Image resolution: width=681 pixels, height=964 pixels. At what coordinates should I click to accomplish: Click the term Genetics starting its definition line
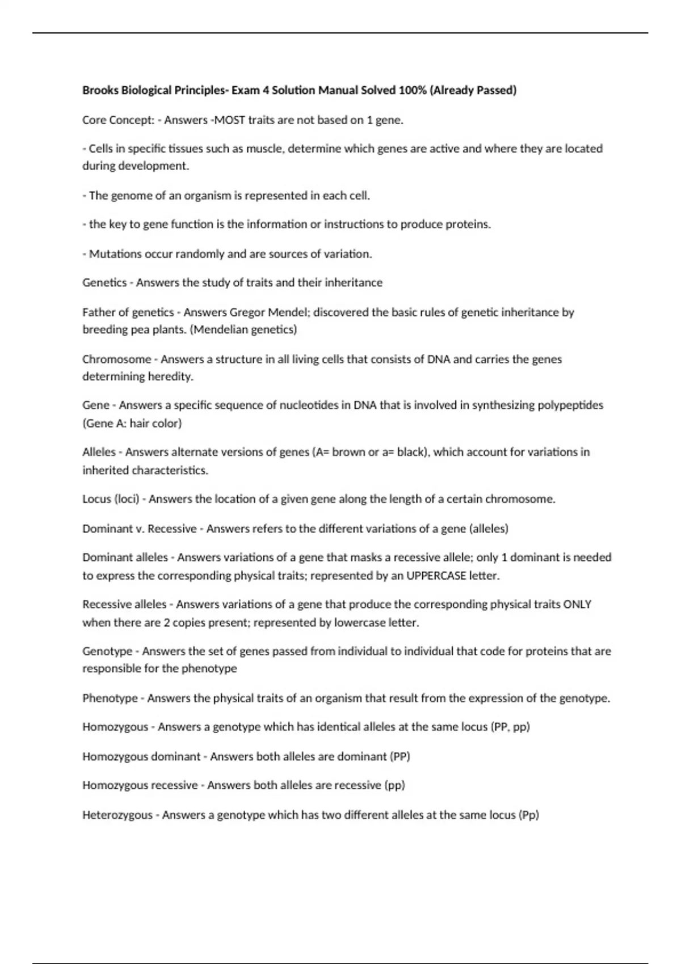(x=104, y=282)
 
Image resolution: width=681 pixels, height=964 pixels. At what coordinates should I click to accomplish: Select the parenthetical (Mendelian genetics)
(x=243, y=329)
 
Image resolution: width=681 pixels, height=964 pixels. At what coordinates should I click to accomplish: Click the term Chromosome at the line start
(x=117, y=360)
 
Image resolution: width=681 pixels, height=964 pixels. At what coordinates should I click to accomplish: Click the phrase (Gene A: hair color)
(x=132, y=423)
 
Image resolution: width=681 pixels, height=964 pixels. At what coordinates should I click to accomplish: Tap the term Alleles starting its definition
(x=99, y=453)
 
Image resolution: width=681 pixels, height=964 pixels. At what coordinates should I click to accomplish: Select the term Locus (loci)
(x=111, y=499)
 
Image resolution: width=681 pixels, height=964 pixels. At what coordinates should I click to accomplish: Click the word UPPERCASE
(x=436, y=576)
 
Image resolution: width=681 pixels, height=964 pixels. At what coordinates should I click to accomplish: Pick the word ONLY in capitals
(x=578, y=604)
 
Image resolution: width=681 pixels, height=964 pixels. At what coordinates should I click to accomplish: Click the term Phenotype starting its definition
(x=110, y=698)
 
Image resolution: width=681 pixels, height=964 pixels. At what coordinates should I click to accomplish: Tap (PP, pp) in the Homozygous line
(x=510, y=727)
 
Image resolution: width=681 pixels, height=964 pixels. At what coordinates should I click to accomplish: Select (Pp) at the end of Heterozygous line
(x=529, y=815)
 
